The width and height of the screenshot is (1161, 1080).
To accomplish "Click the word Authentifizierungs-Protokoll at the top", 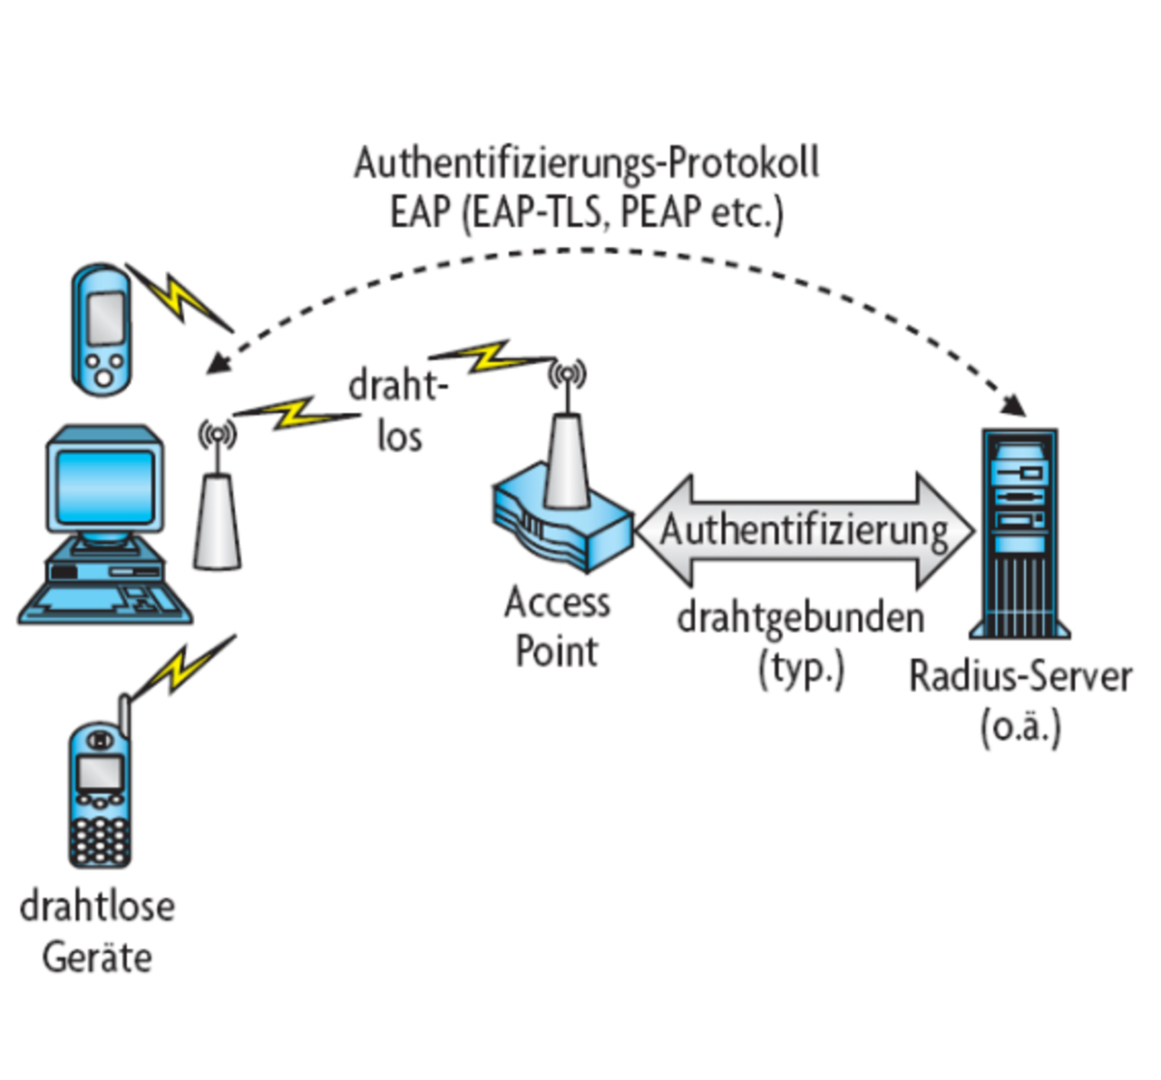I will point(586,163).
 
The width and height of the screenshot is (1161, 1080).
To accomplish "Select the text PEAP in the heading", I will point(661,211).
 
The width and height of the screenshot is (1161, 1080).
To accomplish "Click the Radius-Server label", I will point(1020,677).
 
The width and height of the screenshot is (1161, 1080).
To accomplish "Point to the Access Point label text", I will point(556,626).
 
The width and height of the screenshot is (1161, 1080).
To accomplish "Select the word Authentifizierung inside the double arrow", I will point(804,530).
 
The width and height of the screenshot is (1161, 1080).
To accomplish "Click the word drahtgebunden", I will point(801,618).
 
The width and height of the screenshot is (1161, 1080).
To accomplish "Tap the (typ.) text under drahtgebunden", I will point(801,670).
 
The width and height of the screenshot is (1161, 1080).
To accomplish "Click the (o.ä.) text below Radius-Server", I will point(1020,728).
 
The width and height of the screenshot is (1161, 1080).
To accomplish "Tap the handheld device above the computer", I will point(102,329).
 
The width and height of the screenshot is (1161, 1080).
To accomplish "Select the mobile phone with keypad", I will point(100,794).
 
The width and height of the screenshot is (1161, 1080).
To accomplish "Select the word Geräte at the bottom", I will point(97,957).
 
